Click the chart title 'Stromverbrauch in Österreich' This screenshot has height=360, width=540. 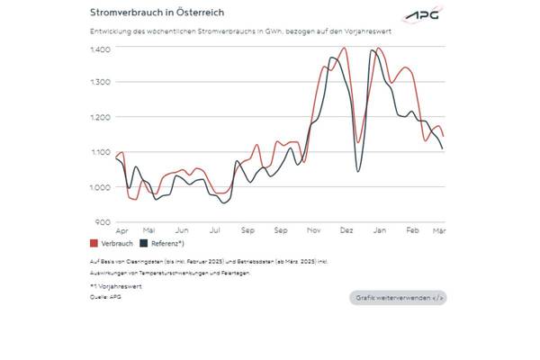[x=157, y=13]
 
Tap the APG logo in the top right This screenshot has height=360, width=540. [x=424, y=15]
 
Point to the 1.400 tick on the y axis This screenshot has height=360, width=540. [x=100, y=48]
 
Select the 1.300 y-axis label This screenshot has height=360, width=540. [x=100, y=83]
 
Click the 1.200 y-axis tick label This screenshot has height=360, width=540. [x=100, y=117]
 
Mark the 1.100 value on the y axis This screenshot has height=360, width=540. [x=100, y=152]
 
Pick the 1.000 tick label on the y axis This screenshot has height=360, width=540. [x=100, y=187]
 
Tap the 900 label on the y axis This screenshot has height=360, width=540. [x=103, y=221]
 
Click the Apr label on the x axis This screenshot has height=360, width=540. [x=122, y=230]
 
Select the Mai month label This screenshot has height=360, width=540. [x=149, y=230]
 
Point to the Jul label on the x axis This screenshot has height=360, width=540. [x=215, y=230]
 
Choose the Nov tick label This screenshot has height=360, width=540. [x=314, y=230]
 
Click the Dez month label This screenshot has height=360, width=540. [x=346, y=230]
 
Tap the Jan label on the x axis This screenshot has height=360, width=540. [x=379, y=230]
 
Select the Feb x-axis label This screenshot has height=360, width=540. [x=412, y=230]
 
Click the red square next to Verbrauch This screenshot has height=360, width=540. [x=94, y=244]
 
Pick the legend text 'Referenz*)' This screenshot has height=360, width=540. [x=167, y=244]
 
